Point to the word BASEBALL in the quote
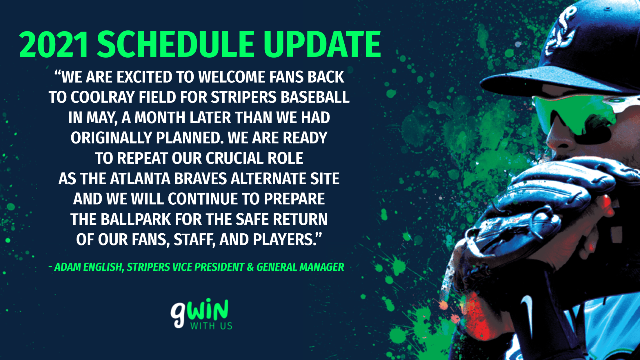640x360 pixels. (315, 97)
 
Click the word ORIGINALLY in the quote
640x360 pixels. (112, 138)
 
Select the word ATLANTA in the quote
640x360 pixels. (140, 179)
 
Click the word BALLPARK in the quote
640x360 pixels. (136, 219)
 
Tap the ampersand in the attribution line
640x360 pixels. (250, 267)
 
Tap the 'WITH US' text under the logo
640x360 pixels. (211, 326)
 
